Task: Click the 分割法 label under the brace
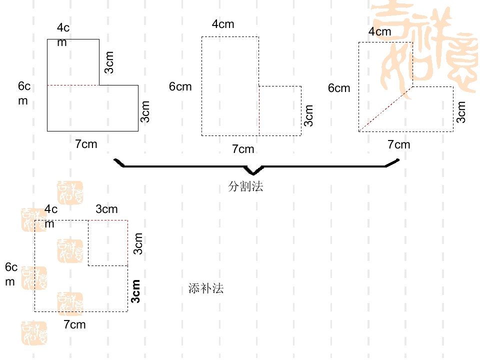(245, 186)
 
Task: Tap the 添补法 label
(206, 288)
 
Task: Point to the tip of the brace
(253, 174)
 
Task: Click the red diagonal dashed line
(385, 109)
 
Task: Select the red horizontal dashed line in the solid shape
(73, 85)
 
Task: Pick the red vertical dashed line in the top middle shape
(259, 111)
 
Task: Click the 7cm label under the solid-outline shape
(86, 144)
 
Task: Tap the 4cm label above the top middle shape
(223, 24)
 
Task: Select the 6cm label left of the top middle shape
(180, 86)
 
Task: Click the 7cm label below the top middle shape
(243, 149)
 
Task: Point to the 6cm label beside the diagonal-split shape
(339, 88)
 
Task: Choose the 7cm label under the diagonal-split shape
(399, 144)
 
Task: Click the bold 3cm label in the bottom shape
(135, 291)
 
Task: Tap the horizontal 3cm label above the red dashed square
(106, 209)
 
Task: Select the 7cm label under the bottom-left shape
(74, 324)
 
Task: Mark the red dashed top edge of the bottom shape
(108, 220)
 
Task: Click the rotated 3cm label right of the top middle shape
(308, 115)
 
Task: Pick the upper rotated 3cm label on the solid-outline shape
(109, 62)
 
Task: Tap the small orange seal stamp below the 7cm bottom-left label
(34, 333)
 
